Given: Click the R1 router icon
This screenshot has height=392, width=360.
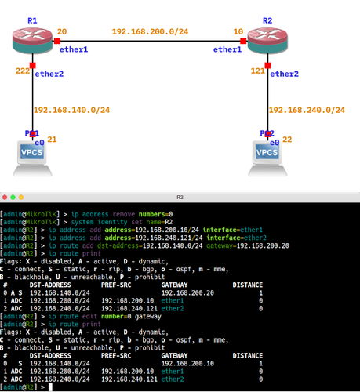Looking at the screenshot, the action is pyautogui.click(x=32, y=41).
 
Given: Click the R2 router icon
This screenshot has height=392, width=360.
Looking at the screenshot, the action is pyautogui.click(x=267, y=41).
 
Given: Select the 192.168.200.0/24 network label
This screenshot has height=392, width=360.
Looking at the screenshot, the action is pyautogui.click(x=150, y=31).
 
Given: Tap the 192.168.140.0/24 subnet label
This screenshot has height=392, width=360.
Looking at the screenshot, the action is pyautogui.click(x=71, y=110).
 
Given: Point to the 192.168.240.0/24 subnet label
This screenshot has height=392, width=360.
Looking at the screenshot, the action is pyautogui.click(x=307, y=110).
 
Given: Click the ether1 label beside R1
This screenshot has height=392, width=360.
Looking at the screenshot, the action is pyautogui.click(x=74, y=49).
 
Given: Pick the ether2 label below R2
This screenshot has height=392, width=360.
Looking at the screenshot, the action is pyautogui.click(x=284, y=74).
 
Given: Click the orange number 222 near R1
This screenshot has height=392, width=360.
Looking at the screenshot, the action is pyautogui.click(x=23, y=71).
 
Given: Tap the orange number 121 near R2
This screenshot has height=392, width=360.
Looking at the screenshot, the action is pyautogui.click(x=258, y=71).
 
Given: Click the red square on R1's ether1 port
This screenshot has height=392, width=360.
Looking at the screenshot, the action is pyautogui.click(x=57, y=41).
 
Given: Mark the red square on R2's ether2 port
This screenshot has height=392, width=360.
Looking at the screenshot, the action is pyautogui.click(x=267, y=65).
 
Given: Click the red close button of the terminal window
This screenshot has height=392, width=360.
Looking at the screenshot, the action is pyautogui.click(x=5, y=197).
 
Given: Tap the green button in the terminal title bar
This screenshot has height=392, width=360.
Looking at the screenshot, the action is pyautogui.click(x=13, y=197).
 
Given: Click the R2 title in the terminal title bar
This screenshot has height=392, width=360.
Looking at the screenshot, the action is pyautogui.click(x=180, y=197).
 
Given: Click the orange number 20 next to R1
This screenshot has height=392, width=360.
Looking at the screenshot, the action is pyautogui.click(x=62, y=31).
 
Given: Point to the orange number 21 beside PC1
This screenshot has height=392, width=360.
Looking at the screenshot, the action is pyautogui.click(x=52, y=140).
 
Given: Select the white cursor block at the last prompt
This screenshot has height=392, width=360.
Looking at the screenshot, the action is pyautogui.click(x=50, y=387).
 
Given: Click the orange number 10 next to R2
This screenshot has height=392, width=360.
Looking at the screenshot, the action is pyautogui.click(x=238, y=31).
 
